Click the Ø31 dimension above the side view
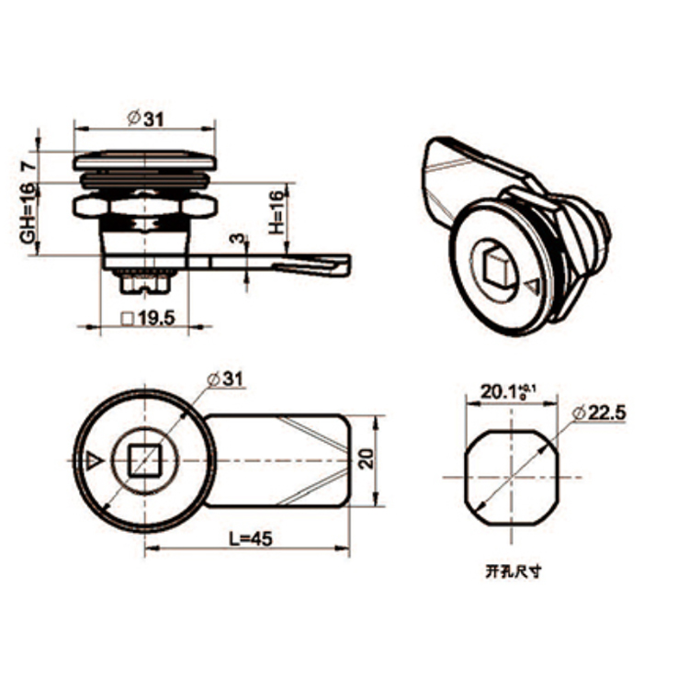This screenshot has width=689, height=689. pos(146,119)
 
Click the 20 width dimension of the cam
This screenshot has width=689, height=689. pos(365,459)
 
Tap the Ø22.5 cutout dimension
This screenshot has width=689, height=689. pos(604,414)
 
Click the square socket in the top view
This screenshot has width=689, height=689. pos(144,458)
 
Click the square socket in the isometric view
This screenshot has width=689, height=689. pos(497,265)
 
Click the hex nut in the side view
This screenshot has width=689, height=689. pos(144,203)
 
